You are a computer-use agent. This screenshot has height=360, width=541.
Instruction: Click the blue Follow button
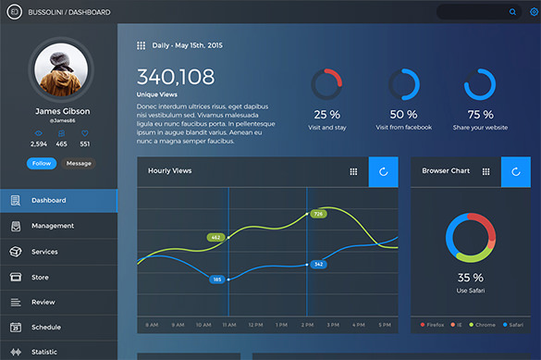pyautogui.click(x=42, y=163)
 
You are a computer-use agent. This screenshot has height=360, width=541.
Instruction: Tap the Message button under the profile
pyautogui.click(x=79, y=163)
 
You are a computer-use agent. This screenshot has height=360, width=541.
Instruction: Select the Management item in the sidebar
pyautogui.click(x=52, y=226)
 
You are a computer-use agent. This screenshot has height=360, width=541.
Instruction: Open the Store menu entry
pyautogui.click(x=40, y=276)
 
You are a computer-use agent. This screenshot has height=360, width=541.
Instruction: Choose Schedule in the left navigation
pyautogui.click(x=45, y=327)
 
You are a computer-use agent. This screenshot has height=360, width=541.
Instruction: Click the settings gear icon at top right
pyautogui.click(x=533, y=12)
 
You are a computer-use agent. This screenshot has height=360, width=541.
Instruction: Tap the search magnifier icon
pyautogui.click(x=513, y=12)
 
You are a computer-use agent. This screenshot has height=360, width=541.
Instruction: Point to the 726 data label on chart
pyautogui.click(x=317, y=214)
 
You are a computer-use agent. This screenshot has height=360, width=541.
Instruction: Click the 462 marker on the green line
pyautogui.click(x=215, y=237)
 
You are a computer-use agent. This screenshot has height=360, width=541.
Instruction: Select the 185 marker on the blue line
pyautogui.click(x=216, y=279)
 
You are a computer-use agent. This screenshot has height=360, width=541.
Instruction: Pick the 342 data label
pyautogui.click(x=317, y=265)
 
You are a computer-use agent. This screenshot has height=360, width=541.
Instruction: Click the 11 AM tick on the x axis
pyautogui.click(x=228, y=325)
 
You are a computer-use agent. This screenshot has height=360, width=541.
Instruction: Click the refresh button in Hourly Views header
pyautogui.click(x=383, y=171)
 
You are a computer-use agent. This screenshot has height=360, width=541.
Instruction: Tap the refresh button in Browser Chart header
pyautogui.click(x=516, y=171)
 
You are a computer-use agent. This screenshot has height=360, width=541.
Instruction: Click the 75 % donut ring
pyautogui.click(x=480, y=84)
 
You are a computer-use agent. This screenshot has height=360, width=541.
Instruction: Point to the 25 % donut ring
pyautogui.click(x=327, y=84)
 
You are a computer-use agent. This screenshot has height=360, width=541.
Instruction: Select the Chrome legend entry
pyautogui.click(x=484, y=325)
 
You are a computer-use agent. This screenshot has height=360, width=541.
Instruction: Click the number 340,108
pyautogui.click(x=176, y=77)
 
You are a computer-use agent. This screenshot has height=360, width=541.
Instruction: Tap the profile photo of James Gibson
pyautogui.click(x=62, y=71)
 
